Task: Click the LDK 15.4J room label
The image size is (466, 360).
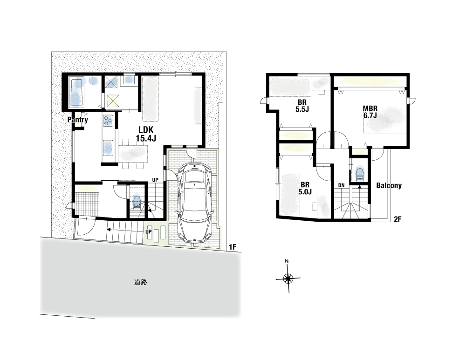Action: click(x=146, y=134)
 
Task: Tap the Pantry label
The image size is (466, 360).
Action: click(x=77, y=120)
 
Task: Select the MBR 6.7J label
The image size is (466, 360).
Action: click(x=370, y=112)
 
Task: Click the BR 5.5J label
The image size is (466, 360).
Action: click(x=302, y=106)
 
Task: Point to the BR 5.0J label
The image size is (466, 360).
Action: click(x=305, y=188)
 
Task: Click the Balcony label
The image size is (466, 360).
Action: click(x=389, y=186)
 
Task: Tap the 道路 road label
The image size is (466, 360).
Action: click(x=141, y=282)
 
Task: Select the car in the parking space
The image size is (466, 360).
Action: click(x=194, y=202)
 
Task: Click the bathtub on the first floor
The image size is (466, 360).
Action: click(x=77, y=92)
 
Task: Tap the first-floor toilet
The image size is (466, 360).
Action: click(x=137, y=203)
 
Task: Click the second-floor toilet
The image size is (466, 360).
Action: click(x=360, y=174)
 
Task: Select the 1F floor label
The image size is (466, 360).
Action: click(x=233, y=247)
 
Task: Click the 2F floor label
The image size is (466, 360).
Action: click(x=397, y=219)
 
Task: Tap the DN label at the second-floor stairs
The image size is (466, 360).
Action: click(x=341, y=185)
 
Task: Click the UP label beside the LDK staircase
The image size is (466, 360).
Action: click(x=155, y=180)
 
